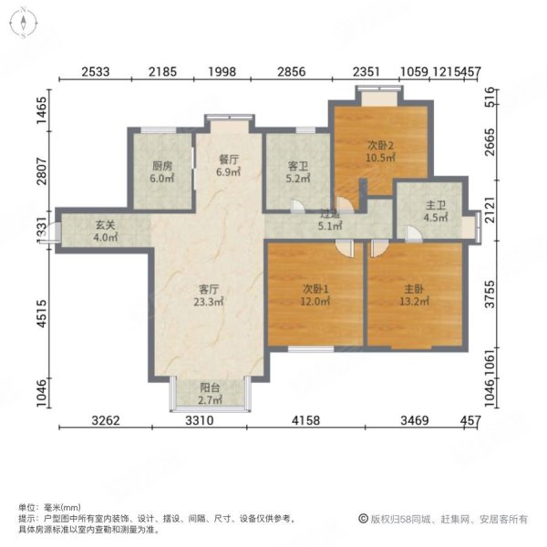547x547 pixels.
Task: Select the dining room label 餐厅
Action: [x=228, y=159]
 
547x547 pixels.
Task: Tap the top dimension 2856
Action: [x=294, y=72]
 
